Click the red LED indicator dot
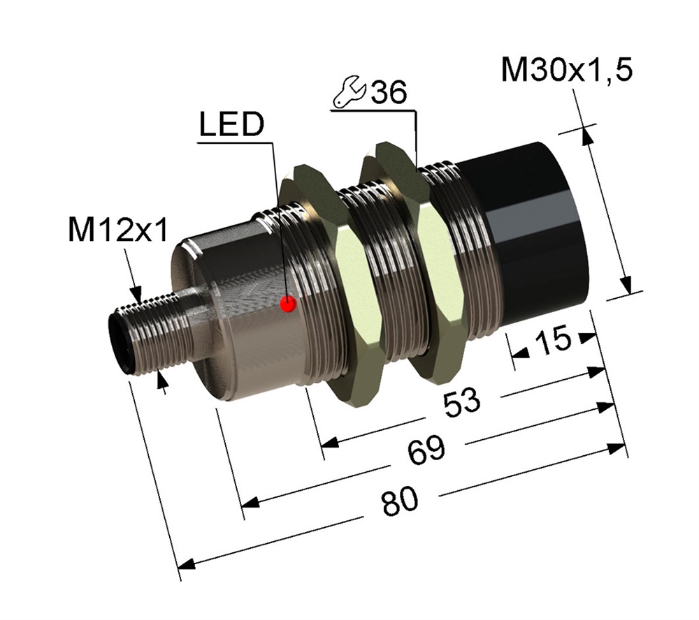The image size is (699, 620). [x=288, y=304]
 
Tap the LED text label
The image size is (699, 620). [x=232, y=124]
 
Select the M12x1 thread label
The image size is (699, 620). [x=119, y=230]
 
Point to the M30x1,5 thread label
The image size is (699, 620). [x=567, y=70]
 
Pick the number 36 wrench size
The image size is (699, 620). [x=389, y=93]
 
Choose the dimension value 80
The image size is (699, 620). [x=400, y=501]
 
